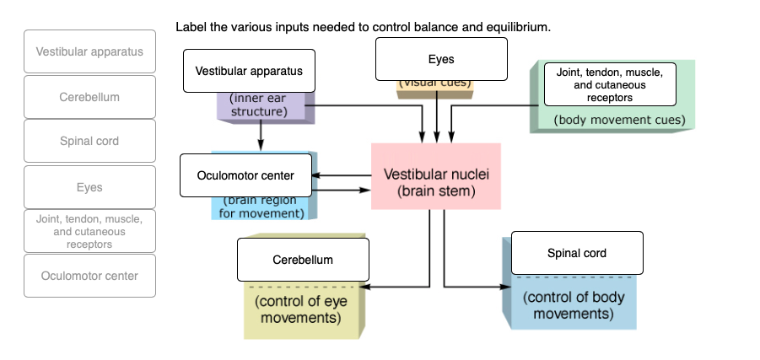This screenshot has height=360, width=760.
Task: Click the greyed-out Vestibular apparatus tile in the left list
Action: pos(89,51)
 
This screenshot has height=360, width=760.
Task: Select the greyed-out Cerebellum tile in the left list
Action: pos(89,97)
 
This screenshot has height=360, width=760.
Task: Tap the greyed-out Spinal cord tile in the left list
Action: pos(89,141)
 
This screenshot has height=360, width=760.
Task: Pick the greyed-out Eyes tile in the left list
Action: pos(89,187)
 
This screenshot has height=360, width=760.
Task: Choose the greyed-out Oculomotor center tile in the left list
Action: pos(89,276)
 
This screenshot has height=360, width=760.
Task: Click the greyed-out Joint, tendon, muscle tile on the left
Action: pos(89,231)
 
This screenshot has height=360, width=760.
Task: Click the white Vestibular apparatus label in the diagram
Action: pos(249,71)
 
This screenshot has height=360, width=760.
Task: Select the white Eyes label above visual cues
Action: pos(441,59)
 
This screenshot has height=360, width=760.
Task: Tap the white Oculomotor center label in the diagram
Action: pos(245,175)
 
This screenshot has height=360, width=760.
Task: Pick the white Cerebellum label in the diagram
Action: pos(302,260)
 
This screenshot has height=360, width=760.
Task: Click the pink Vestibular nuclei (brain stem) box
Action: pos(436,176)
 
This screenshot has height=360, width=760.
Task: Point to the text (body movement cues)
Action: pos(619,120)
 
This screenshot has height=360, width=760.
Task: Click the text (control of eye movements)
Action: pos(300,309)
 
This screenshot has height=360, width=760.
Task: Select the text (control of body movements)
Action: pos(568,305)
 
